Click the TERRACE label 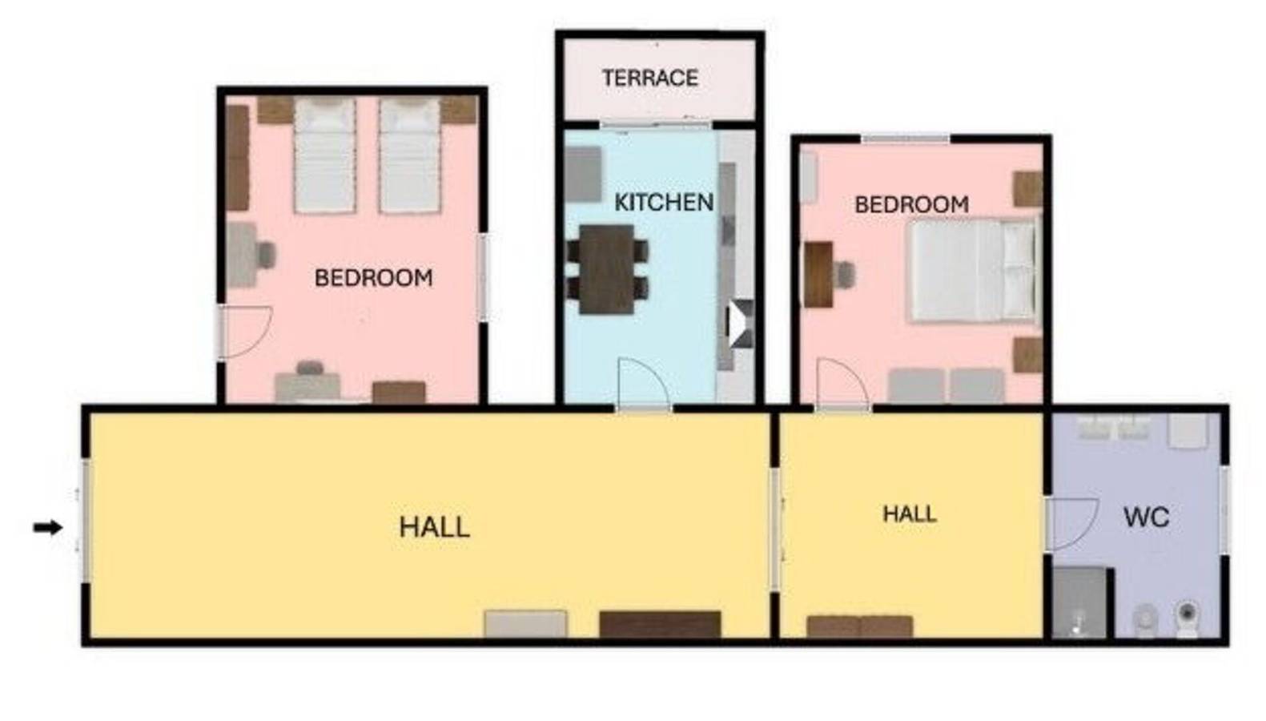point(649,78)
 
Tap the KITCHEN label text point(663,202)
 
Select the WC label point(1146,518)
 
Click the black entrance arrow point(47,527)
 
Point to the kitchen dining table point(607,269)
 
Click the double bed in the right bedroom point(973,271)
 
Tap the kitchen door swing point(642,385)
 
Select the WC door point(1070,524)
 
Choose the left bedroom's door point(245,331)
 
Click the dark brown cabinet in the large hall point(660,624)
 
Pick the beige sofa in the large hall point(525,624)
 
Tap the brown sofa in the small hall point(859,626)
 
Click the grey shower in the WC point(1079,603)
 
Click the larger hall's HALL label point(434,527)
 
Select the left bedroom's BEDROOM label point(373,278)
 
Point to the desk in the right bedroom point(818,274)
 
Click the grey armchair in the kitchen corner point(584,173)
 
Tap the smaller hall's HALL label point(909,514)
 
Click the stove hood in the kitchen point(740,324)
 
